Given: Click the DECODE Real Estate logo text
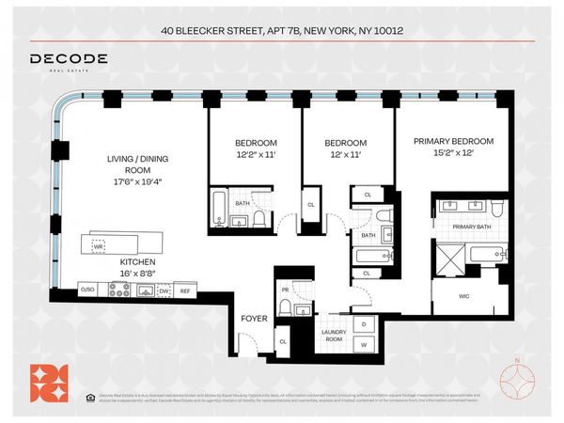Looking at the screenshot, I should click(x=68, y=59).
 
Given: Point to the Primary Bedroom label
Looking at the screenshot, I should click(x=453, y=141).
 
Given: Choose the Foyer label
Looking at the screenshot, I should click(x=255, y=317).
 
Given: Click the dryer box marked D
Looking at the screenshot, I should click(x=364, y=324).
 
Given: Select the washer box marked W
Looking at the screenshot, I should click(x=364, y=344).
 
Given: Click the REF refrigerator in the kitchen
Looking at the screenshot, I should click(x=185, y=290).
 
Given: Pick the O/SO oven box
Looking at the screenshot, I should click(x=88, y=290).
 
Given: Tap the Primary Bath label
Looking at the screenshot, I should click(x=471, y=226).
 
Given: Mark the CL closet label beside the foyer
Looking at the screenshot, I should click(x=282, y=341).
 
